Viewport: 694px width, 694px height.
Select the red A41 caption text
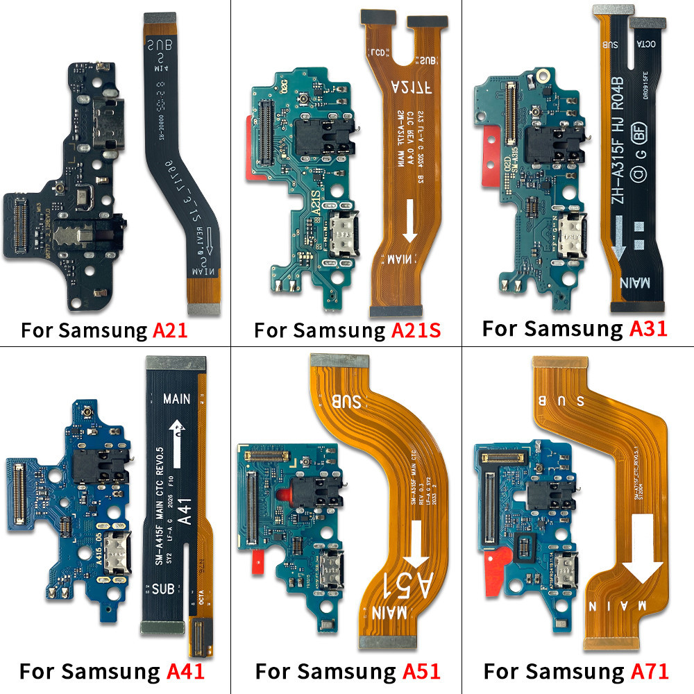click(185, 672)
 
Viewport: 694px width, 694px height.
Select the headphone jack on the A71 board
click(546, 494)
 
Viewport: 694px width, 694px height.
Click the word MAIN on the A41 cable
click(178, 400)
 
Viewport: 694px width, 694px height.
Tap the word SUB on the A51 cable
click(347, 401)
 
